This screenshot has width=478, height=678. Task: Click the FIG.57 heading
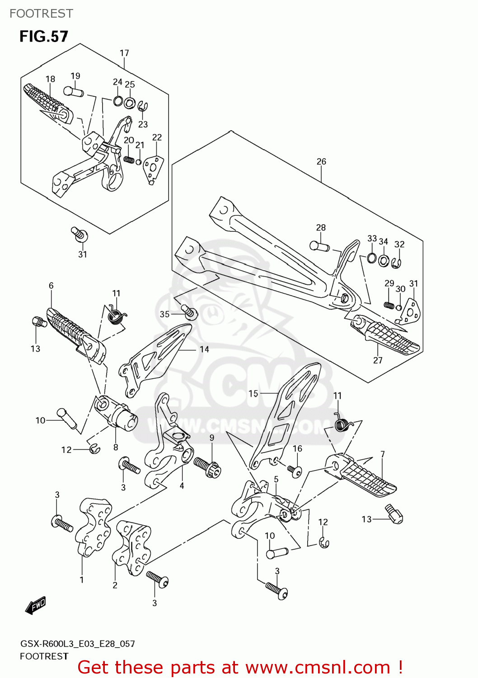[43, 36]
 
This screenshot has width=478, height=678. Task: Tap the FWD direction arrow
[36, 605]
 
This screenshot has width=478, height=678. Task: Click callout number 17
[124, 53]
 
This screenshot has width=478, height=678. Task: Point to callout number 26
[321, 161]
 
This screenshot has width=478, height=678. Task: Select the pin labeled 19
[73, 91]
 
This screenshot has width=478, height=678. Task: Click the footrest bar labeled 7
[364, 477]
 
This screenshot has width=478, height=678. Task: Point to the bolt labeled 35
[189, 311]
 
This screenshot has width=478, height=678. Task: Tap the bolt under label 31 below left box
[80, 235]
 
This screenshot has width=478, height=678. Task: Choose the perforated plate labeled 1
[93, 527]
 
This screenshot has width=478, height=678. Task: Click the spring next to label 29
[389, 305]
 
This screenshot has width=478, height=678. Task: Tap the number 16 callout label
[297, 448]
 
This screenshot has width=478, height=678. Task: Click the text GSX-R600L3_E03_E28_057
[77, 644]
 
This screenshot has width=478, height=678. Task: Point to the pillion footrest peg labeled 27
[389, 339]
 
